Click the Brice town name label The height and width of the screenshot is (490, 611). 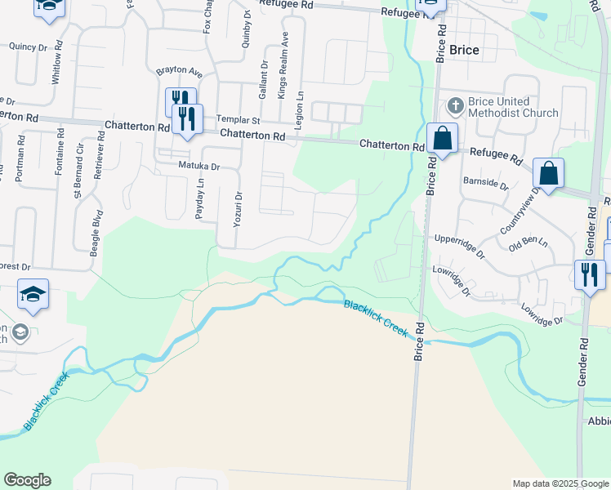[464, 50]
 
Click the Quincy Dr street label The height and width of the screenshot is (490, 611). [28, 47]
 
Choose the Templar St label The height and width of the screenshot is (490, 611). [237, 119]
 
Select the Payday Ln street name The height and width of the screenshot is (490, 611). [201, 198]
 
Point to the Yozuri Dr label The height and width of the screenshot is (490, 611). [239, 207]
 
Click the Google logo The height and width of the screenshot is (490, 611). [27, 480]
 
